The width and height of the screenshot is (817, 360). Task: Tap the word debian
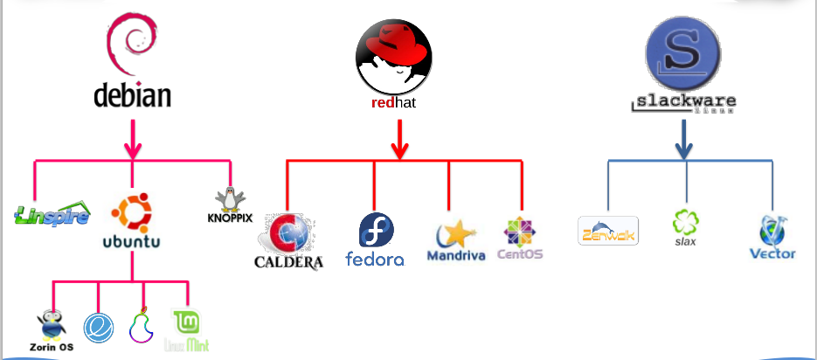[x=132, y=93]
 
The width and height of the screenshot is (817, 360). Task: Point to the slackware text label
[x=682, y=104]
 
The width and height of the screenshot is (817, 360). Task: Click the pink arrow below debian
[x=133, y=139]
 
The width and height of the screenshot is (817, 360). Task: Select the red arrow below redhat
[x=399, y=139]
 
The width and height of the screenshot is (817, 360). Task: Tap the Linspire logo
[x=52, y=214]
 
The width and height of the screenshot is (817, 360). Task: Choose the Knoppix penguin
[x=230, y=199]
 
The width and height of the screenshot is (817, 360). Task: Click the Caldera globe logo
[x=288, y=234]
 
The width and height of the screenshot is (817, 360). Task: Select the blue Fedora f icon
[x=376, y=231]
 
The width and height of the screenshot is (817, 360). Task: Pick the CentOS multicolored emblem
[x=521, y=232]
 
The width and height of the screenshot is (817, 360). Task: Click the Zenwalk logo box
[x=608, y=232]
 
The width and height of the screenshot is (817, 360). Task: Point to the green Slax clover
[x=685, y=221]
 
